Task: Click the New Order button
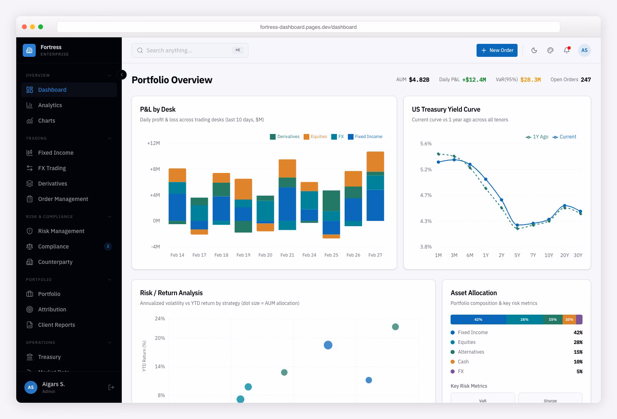497,50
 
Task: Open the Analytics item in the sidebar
50,105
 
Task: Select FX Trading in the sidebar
52,168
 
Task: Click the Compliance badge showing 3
108,246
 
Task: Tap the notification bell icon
567,50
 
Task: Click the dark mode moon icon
534,50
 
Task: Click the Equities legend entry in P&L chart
315,137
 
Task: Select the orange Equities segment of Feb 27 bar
375,161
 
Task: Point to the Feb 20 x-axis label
265,255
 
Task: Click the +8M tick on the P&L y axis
155,169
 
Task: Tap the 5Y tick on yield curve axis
517,255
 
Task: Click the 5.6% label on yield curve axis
426,144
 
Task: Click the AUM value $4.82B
419,80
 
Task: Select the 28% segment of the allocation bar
524,320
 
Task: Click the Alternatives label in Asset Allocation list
471,352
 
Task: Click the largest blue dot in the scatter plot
328,345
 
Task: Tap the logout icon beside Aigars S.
111,387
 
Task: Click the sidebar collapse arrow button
122,75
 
